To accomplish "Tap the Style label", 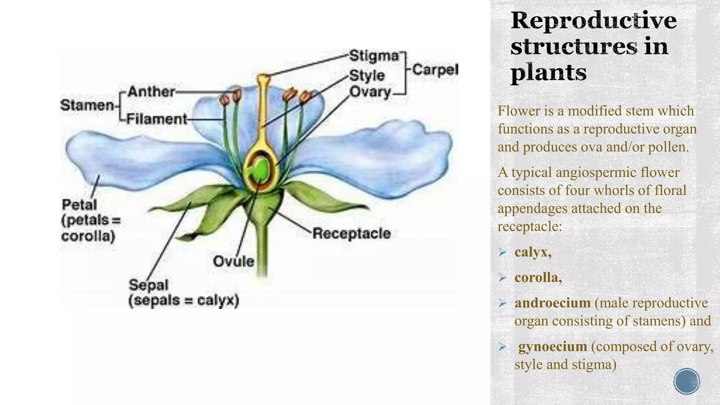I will (x=367, y=76).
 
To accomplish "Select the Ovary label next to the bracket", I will (x=370, y=92).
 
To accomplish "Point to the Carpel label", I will (x=435, y=70).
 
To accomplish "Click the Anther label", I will (x=151, y=92).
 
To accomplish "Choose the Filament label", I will (x=157, y=119).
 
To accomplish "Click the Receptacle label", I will (x=352, y=233).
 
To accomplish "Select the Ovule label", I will (x=233, y=261).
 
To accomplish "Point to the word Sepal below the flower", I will (x=148, y=285).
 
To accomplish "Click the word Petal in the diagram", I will (x=79, y=205).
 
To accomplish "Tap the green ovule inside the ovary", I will (x=260, y=169).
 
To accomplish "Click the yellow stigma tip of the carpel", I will (x=263, y=78).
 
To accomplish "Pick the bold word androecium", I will (x=552, y=303).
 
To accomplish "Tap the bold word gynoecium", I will (x=553, y=346).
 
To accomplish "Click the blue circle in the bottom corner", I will (x=687, y=381).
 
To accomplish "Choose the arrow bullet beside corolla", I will (x=502, y=278).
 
